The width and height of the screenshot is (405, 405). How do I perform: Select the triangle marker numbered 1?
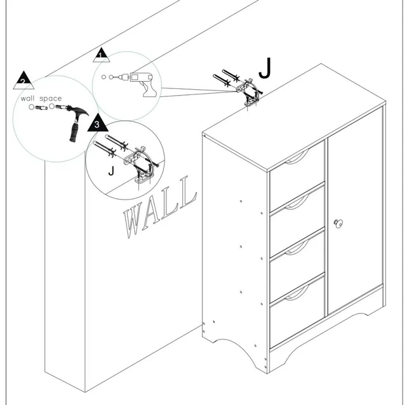(x=102, y=56)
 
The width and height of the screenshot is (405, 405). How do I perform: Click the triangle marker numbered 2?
(x=24, y=81)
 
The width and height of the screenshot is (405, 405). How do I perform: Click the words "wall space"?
(x=41, y=98)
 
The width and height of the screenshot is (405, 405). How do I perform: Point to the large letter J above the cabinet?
(x=265, y=69)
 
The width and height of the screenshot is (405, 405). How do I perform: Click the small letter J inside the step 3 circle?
(x=112, y=171)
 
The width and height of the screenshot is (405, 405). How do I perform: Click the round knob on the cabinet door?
(x=338, y=223)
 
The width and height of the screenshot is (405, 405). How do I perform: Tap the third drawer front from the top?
(x=297, y=265)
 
